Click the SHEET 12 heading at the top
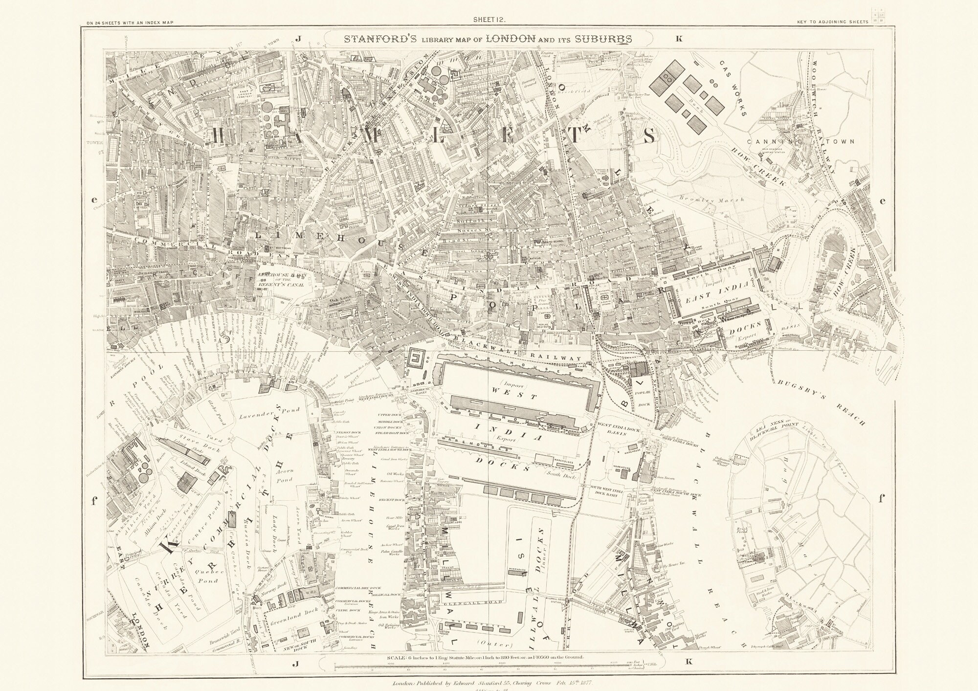tap(489, 20)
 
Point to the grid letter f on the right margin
tap(882, 499)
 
